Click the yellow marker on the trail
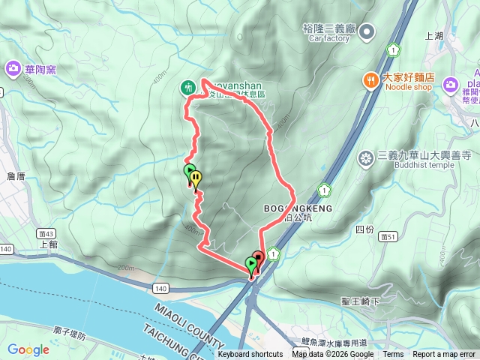coord(196,178)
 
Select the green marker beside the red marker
coord(250,264)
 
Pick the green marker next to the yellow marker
coord(189,172)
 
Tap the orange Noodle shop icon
coord(370,79)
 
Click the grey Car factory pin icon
coord(367,31)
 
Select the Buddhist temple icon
coord(366,157)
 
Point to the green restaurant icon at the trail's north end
coord(187,88)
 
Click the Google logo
coord(28,349)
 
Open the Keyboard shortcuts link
coord(250,355)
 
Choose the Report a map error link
coord(444,355)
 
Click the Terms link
coord(393,355)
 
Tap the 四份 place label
coord(364,229)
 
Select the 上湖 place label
coord(434,35)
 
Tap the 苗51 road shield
coord(390,237)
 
